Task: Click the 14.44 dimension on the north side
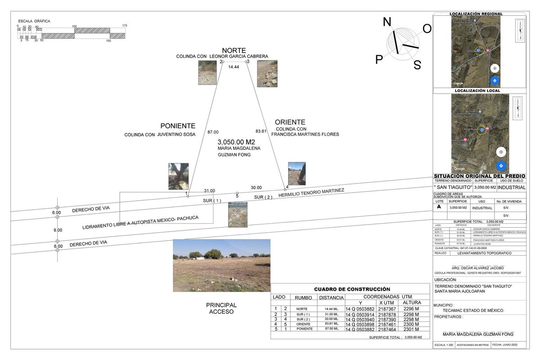click(x=233, y=67)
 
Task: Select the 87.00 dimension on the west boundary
click(x=213, y=132)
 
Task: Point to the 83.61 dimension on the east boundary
click(x=261, y=131)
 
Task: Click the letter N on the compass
click(x=387, y=22)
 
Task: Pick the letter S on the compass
click(x=417, y=65)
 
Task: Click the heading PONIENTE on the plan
click(x=178, y=126)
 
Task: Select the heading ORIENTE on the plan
click(x=290, y=122)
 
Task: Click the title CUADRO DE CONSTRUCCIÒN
click(x=351, y=289)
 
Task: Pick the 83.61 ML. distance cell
click(x=332, y=324)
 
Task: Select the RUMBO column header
click(x=303, y=298)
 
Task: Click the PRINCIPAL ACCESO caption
click(x=221, y=308)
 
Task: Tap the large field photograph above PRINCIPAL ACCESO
click(x=221, y=265)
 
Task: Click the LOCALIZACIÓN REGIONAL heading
click(x=476, y=14)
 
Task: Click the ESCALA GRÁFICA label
click(x=34, y=21)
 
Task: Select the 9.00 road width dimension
click(x=58, y=230)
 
